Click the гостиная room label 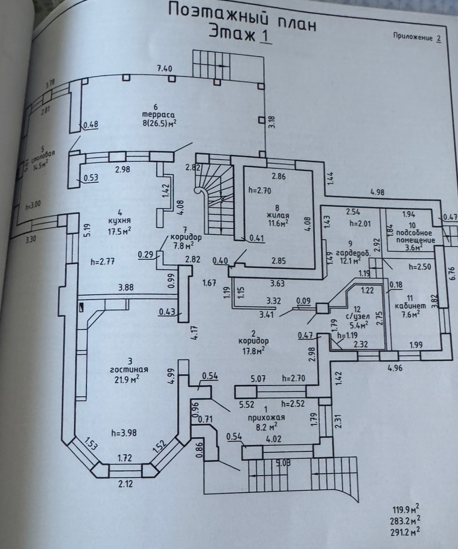click(x=131, y=369)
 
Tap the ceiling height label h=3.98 click(x=125, y=432)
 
